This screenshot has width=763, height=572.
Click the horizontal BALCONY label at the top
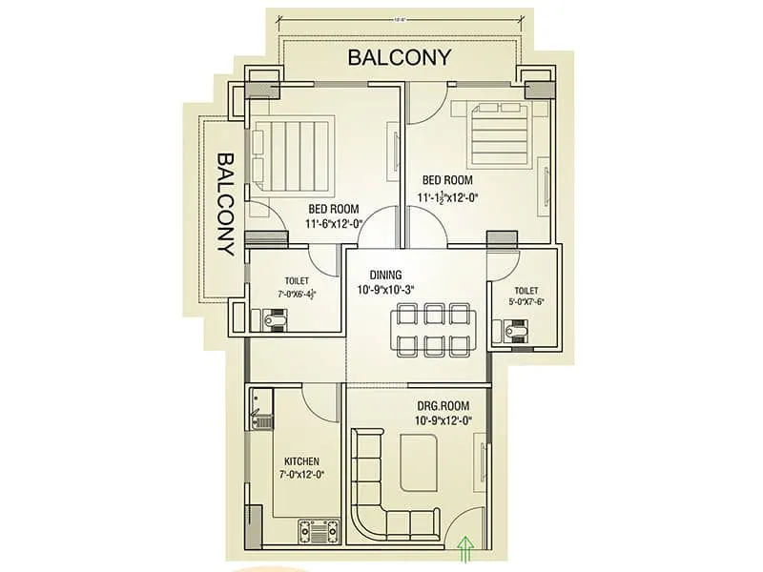pyautogui.click(x=399, y=56)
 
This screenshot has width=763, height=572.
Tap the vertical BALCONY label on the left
pyautogui.click(x=225, y=204)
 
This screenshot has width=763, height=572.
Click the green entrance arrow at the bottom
pyautogui.click(x=465, y=547)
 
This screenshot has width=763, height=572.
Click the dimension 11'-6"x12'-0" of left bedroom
pyautogui.click(x=333, y=224)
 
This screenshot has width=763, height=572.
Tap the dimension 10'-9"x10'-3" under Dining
pyautogui.click(x=385, y=289)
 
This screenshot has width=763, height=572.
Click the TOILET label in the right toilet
pyautogui.click(x=526, y=291)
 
